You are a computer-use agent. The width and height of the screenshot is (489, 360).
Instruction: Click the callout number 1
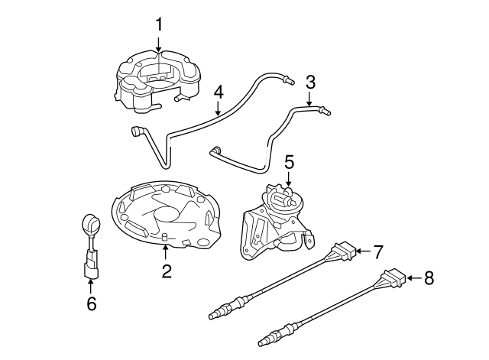click(159, 24)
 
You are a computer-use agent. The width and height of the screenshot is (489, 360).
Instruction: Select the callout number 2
click(167, 271)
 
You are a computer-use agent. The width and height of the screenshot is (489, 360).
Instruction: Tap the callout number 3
click(310, 81)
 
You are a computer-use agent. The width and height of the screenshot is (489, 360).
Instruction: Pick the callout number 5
click(289, 161)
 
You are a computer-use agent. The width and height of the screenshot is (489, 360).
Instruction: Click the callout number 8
click(428, 278)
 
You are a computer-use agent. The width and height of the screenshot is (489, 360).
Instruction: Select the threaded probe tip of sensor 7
click(217, 313)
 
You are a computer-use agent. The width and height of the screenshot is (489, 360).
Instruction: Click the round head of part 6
click(89, 225)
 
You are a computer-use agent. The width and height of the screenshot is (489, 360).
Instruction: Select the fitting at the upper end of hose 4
click(288, 79)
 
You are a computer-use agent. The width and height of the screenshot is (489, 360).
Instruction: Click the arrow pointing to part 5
click(289, 179)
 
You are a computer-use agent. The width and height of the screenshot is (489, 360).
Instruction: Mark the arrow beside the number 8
click(410, 278)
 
